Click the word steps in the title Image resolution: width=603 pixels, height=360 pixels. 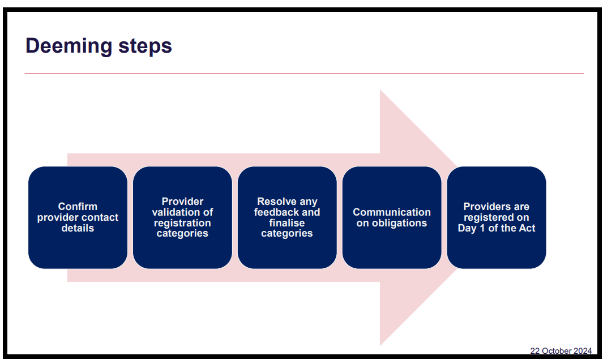144,46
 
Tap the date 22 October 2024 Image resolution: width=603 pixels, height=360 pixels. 561,351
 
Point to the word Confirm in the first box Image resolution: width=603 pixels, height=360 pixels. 78,207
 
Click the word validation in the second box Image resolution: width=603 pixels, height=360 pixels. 174,212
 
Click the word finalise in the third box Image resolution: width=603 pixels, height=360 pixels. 287,223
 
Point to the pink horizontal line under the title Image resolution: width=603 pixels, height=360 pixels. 304,74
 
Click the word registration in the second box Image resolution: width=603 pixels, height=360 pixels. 182,223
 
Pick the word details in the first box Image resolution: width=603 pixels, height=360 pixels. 78,228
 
